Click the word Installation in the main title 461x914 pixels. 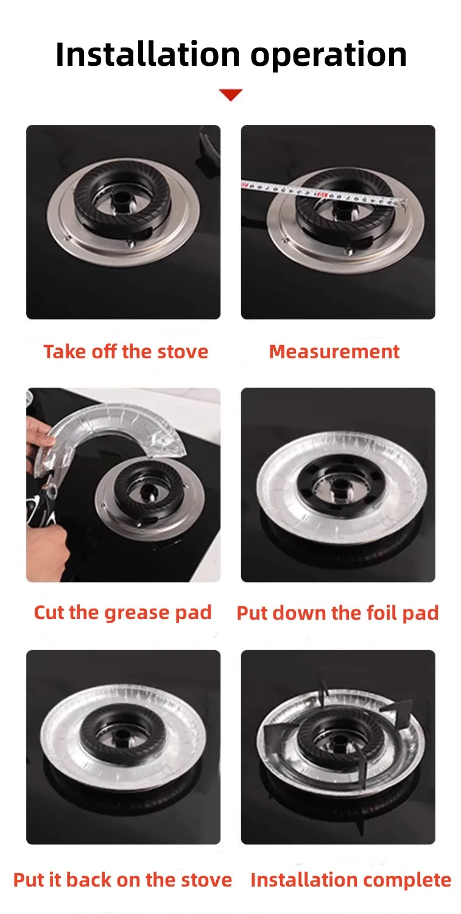click(x=147, y=54)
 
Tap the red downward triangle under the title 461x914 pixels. click(x=230, y=94)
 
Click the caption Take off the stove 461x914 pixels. click(x=125, y=352)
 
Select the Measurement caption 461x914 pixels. click(x=334, y=352)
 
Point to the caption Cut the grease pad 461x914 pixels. click(x=122, y=613)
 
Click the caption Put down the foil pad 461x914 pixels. click(x=338, y=613)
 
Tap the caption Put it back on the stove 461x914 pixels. click(x=122, y=880)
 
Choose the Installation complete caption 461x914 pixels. click(x=351, y=880)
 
